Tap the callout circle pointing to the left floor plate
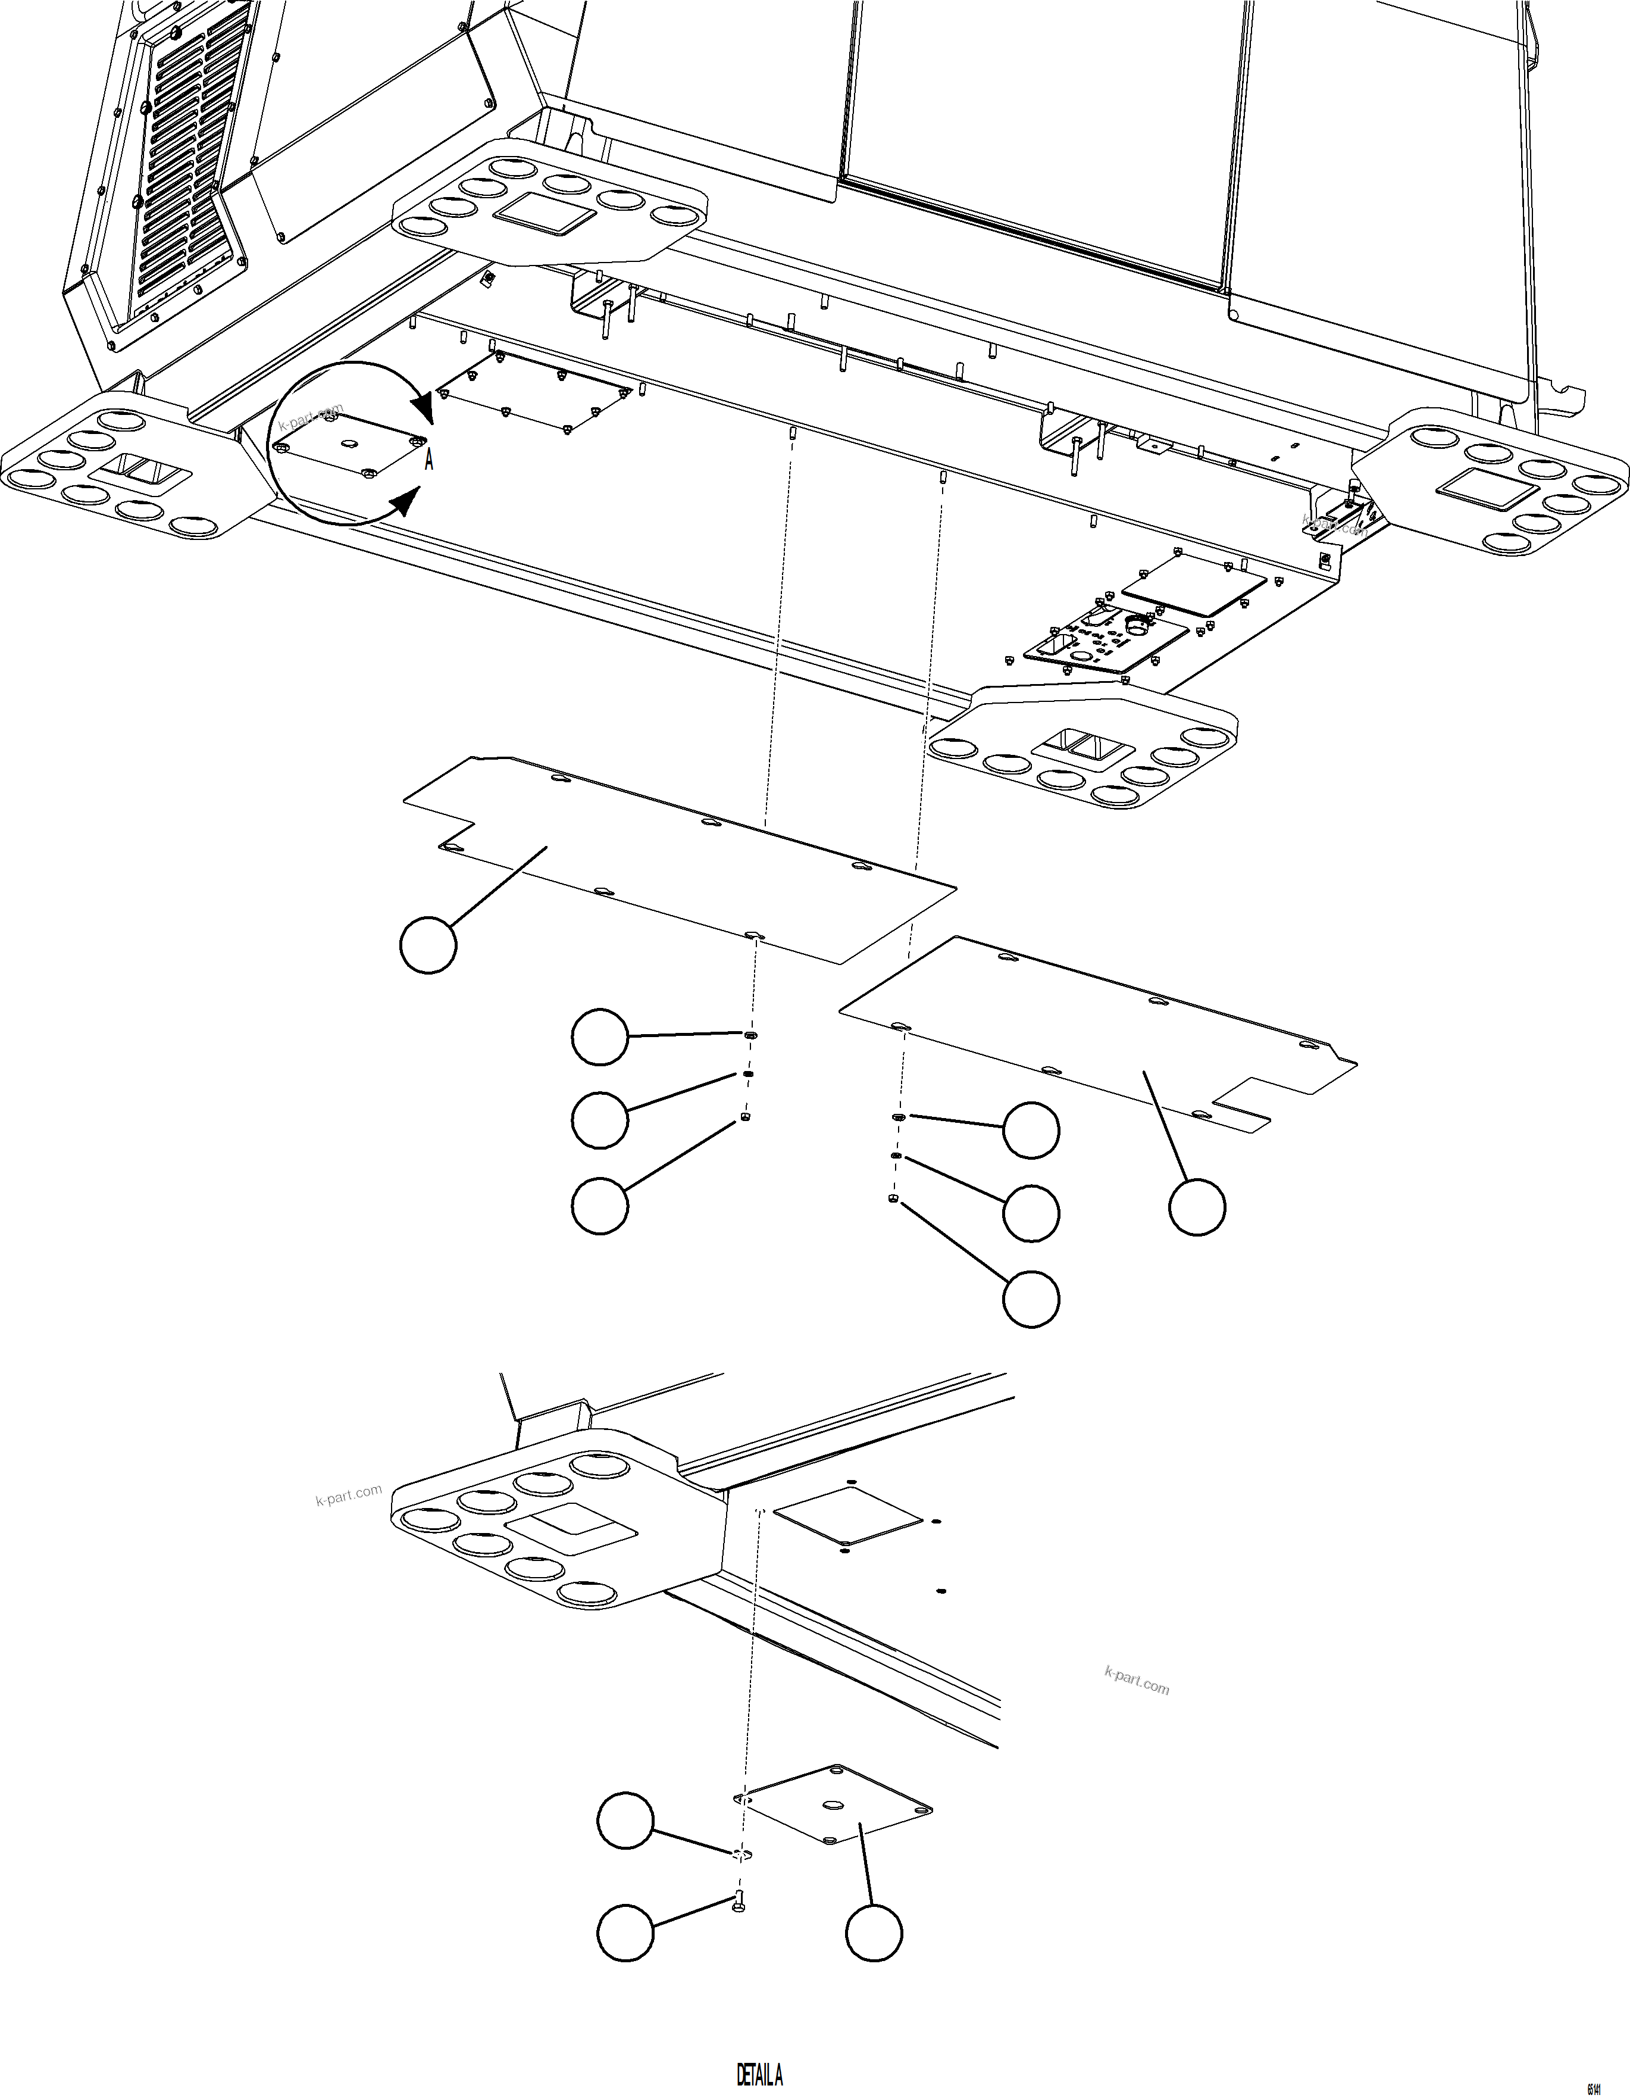point(427,945)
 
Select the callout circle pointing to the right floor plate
point(1197,1207)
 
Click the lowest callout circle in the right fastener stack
point(1031,1299)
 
